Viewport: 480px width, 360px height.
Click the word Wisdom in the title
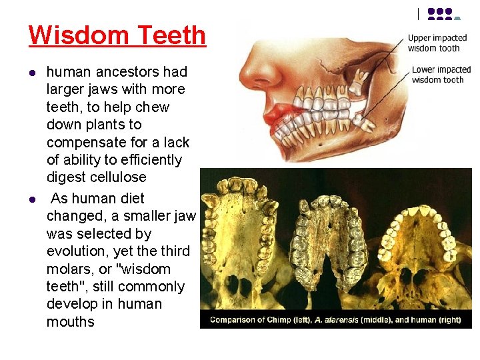[69, 35]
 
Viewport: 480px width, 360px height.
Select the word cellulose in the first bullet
[113, 177]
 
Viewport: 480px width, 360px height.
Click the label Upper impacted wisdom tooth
[437, 43]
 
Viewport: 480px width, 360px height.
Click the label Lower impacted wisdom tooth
[441, 75]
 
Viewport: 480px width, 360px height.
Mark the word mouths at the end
[71, 321]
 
